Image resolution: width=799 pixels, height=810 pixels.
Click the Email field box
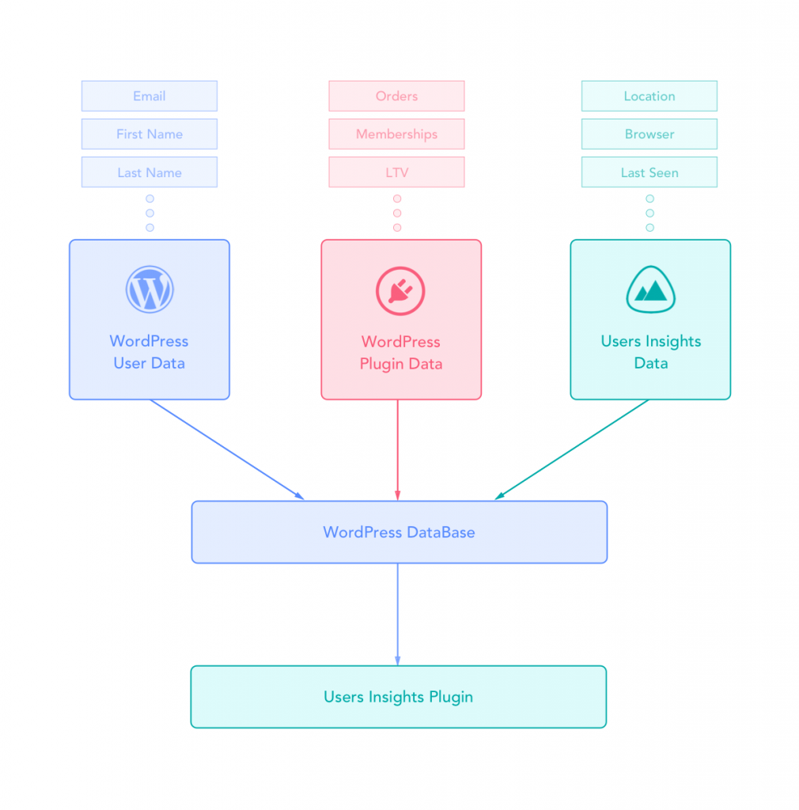(149, 96)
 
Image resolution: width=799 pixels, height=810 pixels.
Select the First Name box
(149, 134)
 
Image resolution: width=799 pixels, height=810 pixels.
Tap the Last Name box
(149, 172)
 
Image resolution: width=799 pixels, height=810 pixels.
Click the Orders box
(396, 96)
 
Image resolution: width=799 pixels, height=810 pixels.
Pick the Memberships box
(396, 134)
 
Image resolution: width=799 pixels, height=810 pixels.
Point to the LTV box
(396, 172)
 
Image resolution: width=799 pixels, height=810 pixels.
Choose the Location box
(649, 96)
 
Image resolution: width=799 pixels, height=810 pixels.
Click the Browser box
(649, 134)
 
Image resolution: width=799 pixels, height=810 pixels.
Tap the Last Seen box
(649, 172)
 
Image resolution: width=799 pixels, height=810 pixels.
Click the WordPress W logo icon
(149, 290)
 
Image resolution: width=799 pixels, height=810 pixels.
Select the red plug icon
(400, 290)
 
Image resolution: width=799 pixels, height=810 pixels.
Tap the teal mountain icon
(650, 290)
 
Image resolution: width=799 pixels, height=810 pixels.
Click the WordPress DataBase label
(399, 532)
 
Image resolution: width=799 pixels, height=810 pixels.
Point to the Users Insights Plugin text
(398, 697)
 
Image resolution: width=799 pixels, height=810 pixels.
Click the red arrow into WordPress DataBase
(397, 451)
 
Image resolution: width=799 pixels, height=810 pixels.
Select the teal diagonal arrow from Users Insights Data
(571, 449)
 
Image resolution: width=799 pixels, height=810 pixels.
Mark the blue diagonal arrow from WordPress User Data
(227, 449)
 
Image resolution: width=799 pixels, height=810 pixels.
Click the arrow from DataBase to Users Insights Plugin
(397, 614)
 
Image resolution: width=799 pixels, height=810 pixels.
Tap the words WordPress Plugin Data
(400, 353)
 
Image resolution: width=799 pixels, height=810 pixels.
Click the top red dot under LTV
(397, 199)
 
